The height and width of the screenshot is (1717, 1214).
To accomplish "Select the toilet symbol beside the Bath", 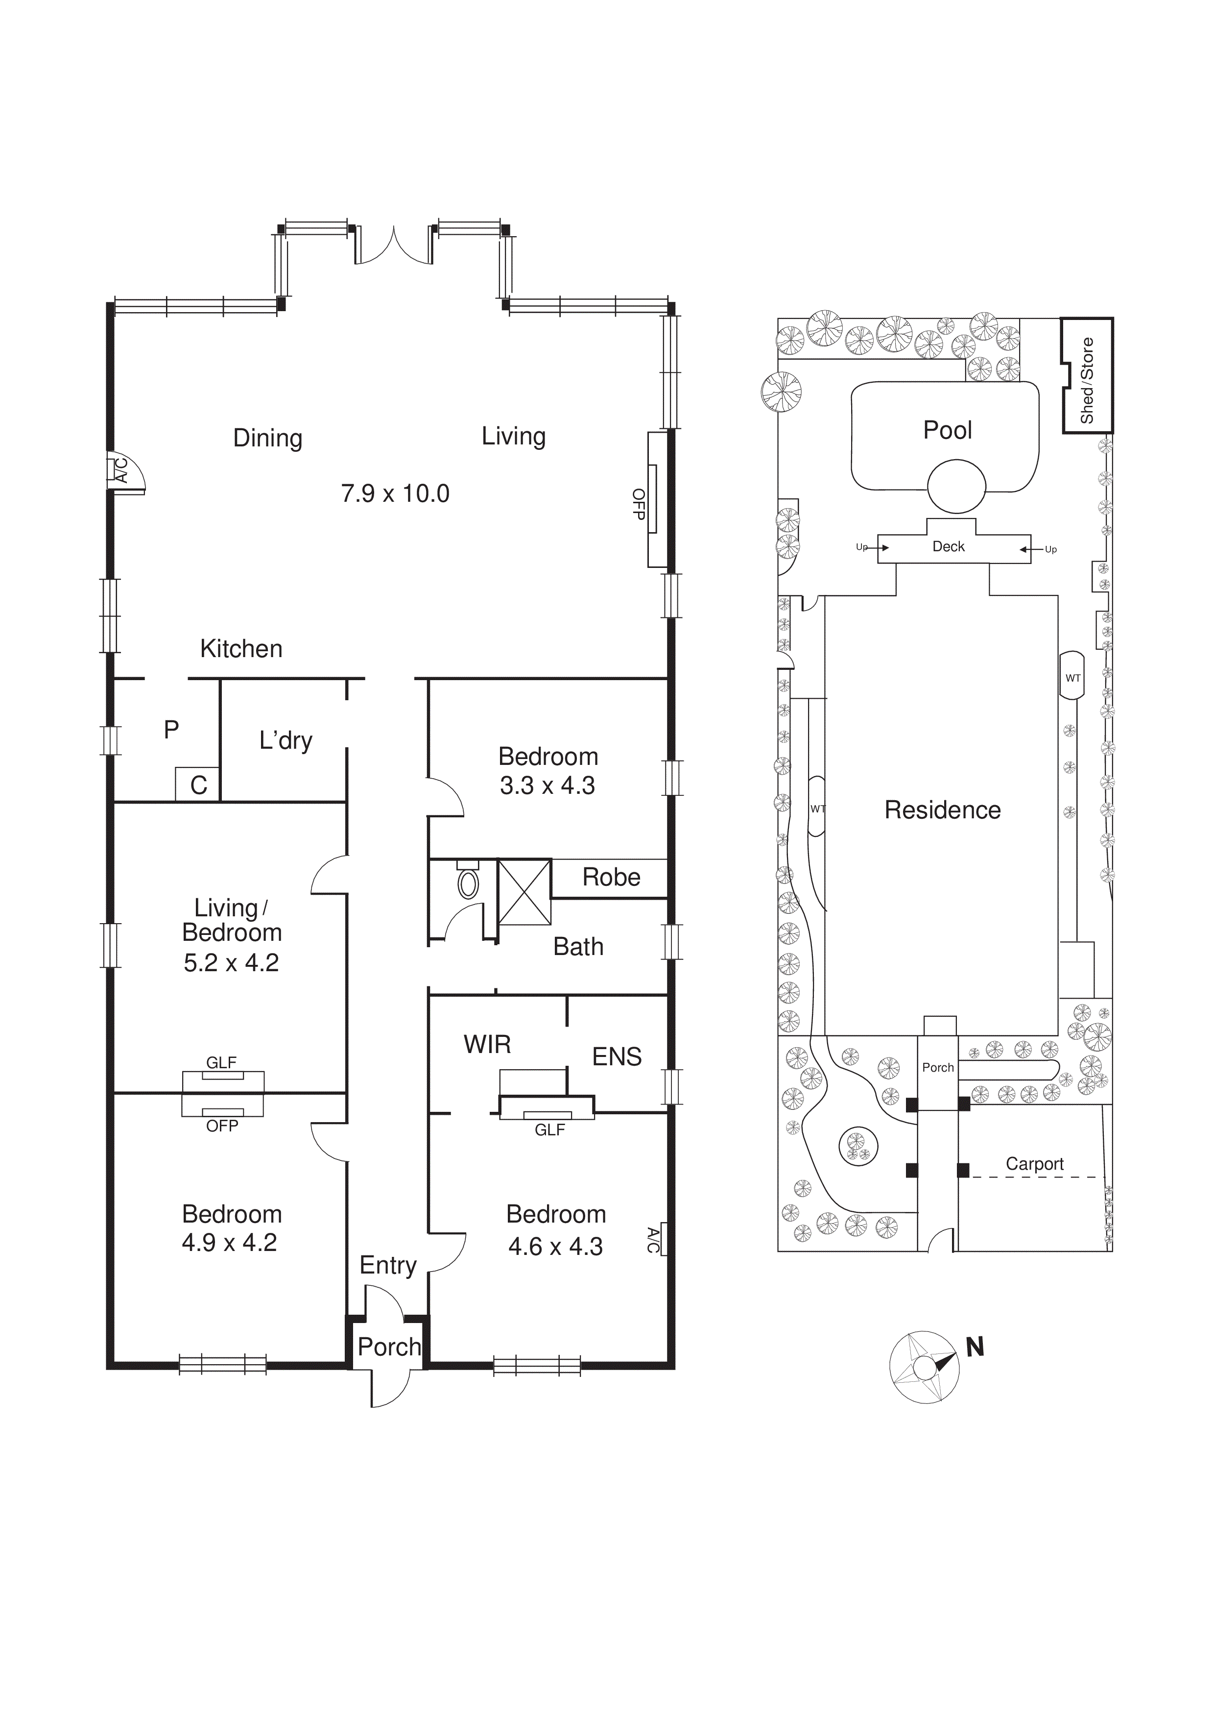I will coord(468,884).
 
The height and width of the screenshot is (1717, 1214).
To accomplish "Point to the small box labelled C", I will coord(198,785).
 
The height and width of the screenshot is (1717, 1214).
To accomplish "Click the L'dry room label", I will coord(286,740).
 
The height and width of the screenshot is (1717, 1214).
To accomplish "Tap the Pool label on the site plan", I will coord(947,430).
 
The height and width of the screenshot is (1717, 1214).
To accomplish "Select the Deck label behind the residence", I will coord(948,547).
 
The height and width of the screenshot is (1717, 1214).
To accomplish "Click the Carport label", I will coord(1034,1164).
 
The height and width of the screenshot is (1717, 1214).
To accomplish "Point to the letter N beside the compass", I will coord(975,1347).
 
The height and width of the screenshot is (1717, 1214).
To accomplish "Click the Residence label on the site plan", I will coord(942,810).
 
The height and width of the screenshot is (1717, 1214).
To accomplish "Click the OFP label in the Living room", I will coord(639,504).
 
